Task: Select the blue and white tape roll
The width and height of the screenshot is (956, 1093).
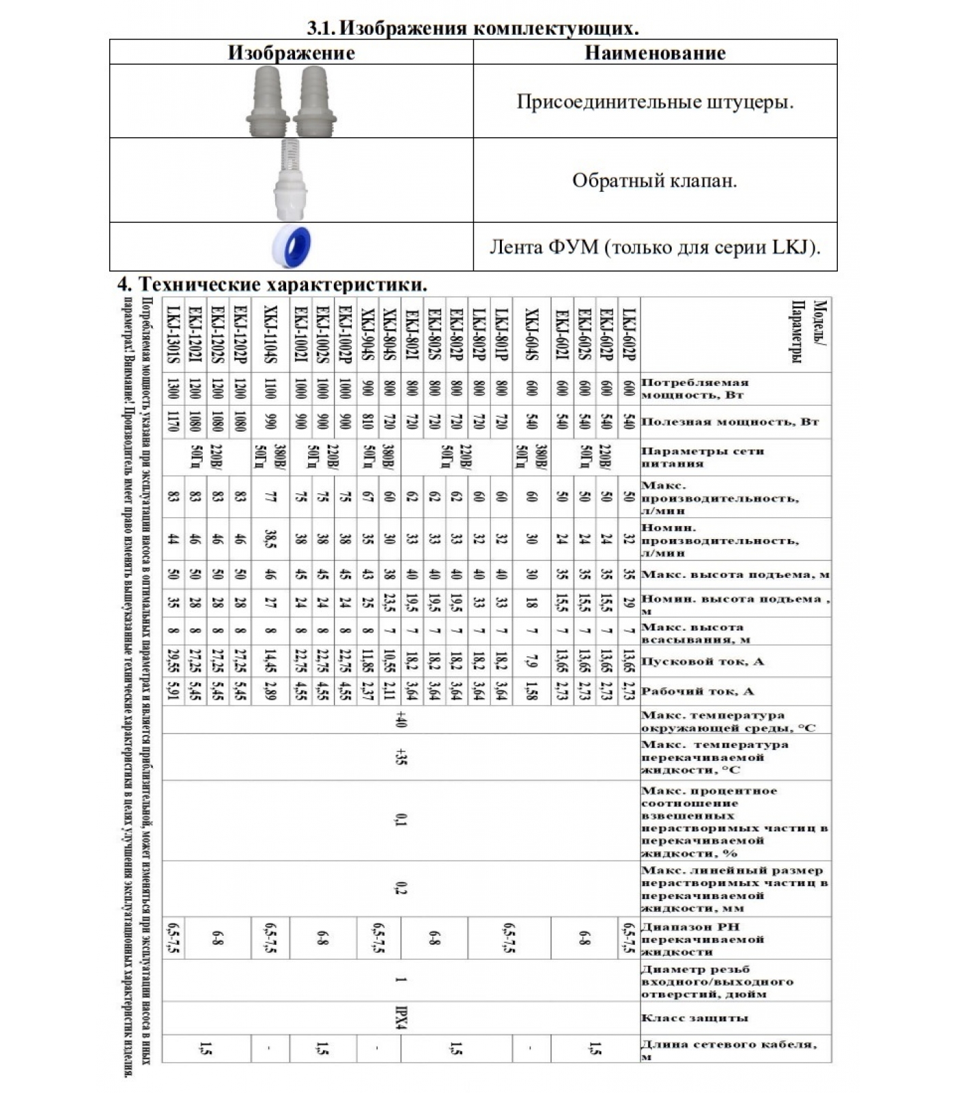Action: [292, 247]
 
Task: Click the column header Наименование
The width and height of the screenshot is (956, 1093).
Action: [655, 53]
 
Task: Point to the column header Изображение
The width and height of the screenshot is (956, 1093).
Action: [291, 53]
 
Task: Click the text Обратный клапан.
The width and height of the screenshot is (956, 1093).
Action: [655, 181]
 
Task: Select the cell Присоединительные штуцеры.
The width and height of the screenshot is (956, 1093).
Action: [655, 102]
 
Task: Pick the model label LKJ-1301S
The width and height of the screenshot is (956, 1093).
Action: [173, 335]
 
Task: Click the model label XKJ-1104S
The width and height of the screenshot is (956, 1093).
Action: [270, 335]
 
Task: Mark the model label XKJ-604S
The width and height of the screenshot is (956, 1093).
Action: [531, 335]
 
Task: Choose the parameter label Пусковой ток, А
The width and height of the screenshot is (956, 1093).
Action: [702, 661]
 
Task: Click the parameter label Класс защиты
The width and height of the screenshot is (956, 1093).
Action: [694, 1018]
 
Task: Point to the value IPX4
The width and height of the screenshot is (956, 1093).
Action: [401, 1018]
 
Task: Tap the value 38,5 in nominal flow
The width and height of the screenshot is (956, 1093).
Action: [270, 540]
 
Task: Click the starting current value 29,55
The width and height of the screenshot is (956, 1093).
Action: [173, 661]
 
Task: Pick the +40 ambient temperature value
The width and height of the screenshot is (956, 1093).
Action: [401, 720]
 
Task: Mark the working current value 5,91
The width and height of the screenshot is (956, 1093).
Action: [173, 691]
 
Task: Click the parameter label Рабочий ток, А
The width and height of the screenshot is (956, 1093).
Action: [697, 691]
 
